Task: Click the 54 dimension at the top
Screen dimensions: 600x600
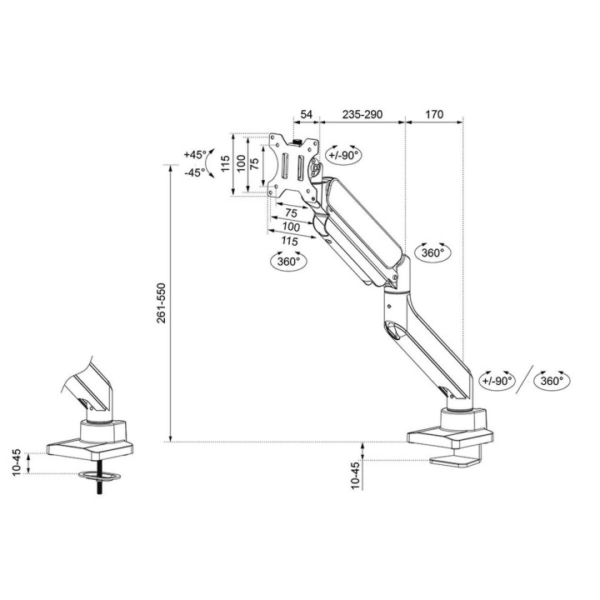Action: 306,114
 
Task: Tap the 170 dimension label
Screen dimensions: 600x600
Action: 432,114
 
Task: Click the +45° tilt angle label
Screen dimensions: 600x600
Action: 195,155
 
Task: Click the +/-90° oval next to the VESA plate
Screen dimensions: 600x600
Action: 342,155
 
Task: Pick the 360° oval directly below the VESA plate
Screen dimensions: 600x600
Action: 288,261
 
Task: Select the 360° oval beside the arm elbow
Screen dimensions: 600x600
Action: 432,252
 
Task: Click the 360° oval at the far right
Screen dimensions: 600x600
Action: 552,381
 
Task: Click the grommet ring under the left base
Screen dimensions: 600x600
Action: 98,477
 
